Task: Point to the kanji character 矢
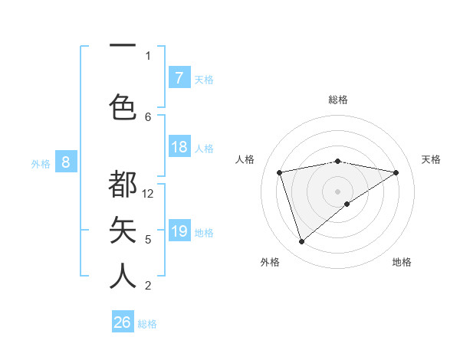coord(123,230)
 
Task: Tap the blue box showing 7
coord(179,78)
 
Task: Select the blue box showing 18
coord(179,147)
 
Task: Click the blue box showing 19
coord(179,231)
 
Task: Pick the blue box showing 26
coord(123,322)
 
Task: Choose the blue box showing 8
coord(66,162)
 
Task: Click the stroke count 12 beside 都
coord(148,194)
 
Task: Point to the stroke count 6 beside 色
coord(148,116)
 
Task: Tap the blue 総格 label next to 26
coord(147,324)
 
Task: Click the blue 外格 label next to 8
coord(41,163)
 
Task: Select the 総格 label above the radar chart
coord(337,100)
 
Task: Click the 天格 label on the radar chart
coord(432,159)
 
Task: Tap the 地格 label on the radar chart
coord(402,262)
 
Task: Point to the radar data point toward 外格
coord(301,242)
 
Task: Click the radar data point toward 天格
coord(396,172)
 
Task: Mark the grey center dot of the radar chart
coord(337,190)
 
